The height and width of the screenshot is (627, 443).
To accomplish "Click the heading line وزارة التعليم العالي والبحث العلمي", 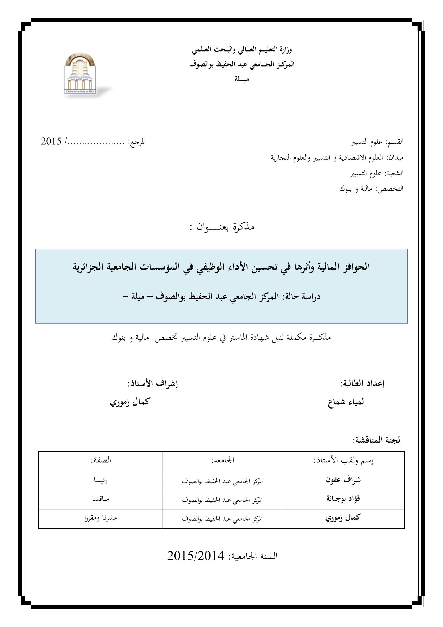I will point(242,50).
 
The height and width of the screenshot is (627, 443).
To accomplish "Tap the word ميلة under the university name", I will point(242,79).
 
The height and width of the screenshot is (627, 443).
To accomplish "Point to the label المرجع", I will point(138,142).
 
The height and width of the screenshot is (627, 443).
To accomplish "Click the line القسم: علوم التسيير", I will point(377,142).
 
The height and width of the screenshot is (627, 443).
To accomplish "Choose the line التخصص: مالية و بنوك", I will point(371,189).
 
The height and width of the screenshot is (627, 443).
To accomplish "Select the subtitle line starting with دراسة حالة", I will point(221,296).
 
